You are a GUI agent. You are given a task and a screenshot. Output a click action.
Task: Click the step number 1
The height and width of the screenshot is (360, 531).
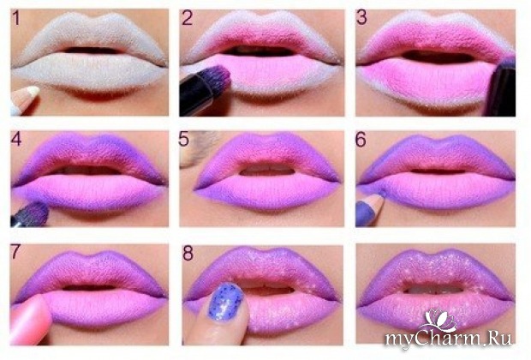tap(15, 18)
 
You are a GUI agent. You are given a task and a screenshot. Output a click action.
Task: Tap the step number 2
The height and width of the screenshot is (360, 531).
tap(188, 18)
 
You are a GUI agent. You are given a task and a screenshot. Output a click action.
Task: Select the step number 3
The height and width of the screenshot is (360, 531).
tap(361, 18)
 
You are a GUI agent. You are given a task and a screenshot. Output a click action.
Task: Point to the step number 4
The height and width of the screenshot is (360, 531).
tap(16, 139)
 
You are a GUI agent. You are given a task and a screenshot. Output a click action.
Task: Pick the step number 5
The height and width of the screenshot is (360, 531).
tap(184, 139)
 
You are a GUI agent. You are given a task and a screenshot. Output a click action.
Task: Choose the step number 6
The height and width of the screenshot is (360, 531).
tap(361, 140)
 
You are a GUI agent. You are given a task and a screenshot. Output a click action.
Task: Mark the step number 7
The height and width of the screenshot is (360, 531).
tap(15, 252)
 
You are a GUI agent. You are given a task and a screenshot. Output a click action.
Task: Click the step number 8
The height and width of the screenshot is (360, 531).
tap(188, 253)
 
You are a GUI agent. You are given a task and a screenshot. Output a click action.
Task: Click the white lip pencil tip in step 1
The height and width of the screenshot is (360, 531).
tap(33, 91)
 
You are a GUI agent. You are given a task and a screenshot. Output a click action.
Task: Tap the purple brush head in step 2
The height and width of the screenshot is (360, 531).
tap(219, 77)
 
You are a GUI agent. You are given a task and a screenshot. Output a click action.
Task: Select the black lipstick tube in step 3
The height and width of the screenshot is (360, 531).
tap(501, 87)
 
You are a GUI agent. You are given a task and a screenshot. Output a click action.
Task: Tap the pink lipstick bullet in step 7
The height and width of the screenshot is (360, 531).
tap(30, 319)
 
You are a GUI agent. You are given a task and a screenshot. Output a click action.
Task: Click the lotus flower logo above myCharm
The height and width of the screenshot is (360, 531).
tap(439, 320)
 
